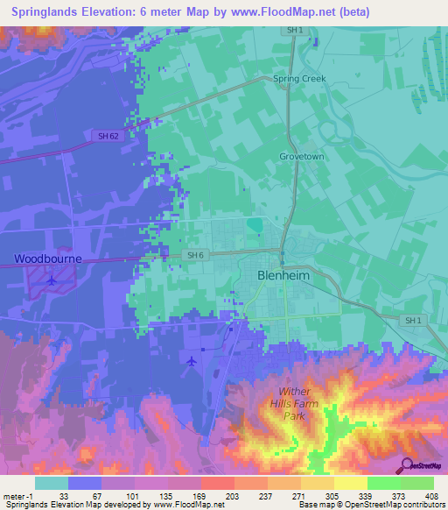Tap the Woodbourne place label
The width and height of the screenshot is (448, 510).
point(47,259)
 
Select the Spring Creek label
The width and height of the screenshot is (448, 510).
point(299,79)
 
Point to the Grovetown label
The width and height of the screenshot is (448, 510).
point(302,157)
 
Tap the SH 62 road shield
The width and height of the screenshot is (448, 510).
point(107,135)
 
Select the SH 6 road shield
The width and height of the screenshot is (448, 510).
point(195,255)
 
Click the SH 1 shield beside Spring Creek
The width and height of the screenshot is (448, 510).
point(295,30)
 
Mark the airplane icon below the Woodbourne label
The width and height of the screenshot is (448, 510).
point(52,280)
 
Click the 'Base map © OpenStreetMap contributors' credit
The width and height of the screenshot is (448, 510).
point(370,505)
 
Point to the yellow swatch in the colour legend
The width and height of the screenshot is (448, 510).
point(350,483)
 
